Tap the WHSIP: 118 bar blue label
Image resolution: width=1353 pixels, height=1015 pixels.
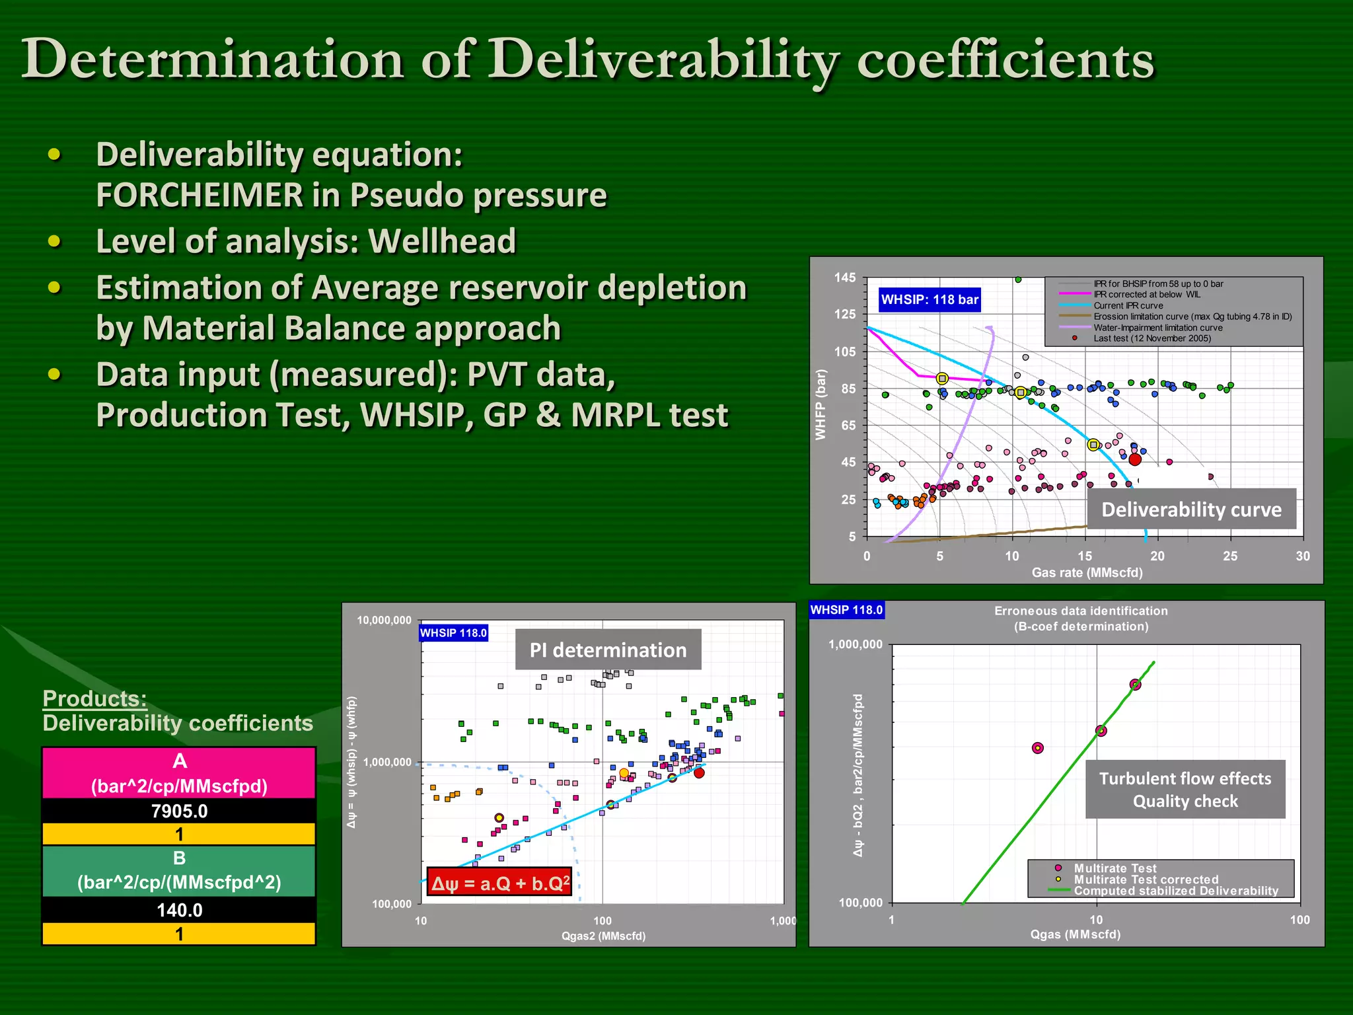(929, 300)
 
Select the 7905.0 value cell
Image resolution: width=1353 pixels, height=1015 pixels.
(179, 811)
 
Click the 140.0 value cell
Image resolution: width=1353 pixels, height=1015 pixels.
(179, 911)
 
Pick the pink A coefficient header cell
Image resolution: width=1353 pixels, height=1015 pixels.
(179, 773)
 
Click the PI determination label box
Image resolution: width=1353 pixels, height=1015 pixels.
(608, 650)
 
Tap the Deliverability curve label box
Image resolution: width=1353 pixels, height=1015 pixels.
(1191, 509)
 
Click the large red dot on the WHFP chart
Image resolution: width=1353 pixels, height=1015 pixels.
(1135, 459)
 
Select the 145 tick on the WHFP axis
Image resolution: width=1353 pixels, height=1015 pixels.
(845, 278)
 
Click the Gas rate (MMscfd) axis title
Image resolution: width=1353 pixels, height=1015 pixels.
(1087, 573)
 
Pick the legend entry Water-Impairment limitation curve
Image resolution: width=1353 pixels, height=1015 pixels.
(1157, 328)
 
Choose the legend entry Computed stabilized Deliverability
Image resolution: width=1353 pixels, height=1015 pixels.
(1175, 891)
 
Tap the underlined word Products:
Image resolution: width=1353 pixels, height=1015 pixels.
(94, 698)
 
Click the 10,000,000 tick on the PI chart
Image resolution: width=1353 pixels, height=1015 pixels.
(384, 620)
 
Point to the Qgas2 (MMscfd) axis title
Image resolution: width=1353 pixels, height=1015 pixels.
(603, 936)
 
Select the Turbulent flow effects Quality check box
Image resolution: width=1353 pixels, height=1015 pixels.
(1185, 790)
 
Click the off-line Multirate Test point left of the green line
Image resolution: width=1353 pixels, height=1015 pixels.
(1038, 748)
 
